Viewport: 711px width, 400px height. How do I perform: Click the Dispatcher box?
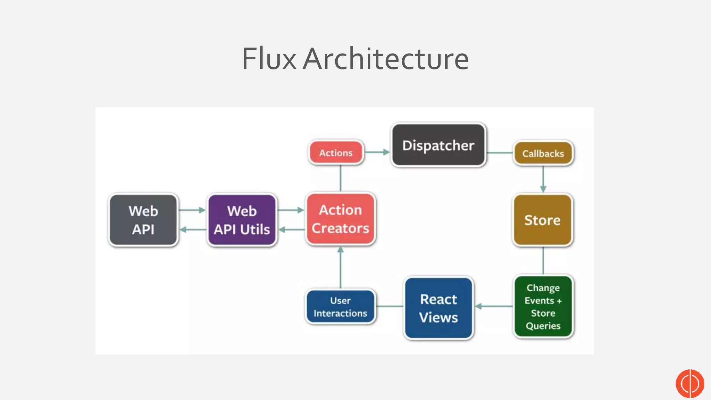[438, 145]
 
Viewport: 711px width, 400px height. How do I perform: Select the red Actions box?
[336, 153]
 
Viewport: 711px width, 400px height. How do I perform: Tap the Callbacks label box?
[543, 153]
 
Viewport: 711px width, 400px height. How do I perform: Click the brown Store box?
[542, 220]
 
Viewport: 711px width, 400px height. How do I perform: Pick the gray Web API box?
[143, 220]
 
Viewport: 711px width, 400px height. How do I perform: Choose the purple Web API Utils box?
[242, 220]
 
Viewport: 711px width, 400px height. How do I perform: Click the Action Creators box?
[340, 219]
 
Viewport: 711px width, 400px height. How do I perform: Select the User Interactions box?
[340, 307]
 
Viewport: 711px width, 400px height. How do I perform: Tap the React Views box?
[438, 308]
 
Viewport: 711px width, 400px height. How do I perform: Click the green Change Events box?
[543, 307]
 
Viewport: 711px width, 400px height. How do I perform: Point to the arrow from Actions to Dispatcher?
[377, 152]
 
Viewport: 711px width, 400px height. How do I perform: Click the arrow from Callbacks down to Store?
[543, 179]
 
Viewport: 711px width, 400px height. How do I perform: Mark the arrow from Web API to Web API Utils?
[192, 210]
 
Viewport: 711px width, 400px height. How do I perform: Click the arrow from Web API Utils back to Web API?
[193, 230]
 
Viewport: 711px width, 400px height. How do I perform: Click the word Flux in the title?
[269, 59]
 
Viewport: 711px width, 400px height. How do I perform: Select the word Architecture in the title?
[386, 59]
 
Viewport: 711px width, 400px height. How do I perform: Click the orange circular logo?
[689, 383]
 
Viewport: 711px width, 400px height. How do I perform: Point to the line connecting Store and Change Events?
[543, 260]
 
